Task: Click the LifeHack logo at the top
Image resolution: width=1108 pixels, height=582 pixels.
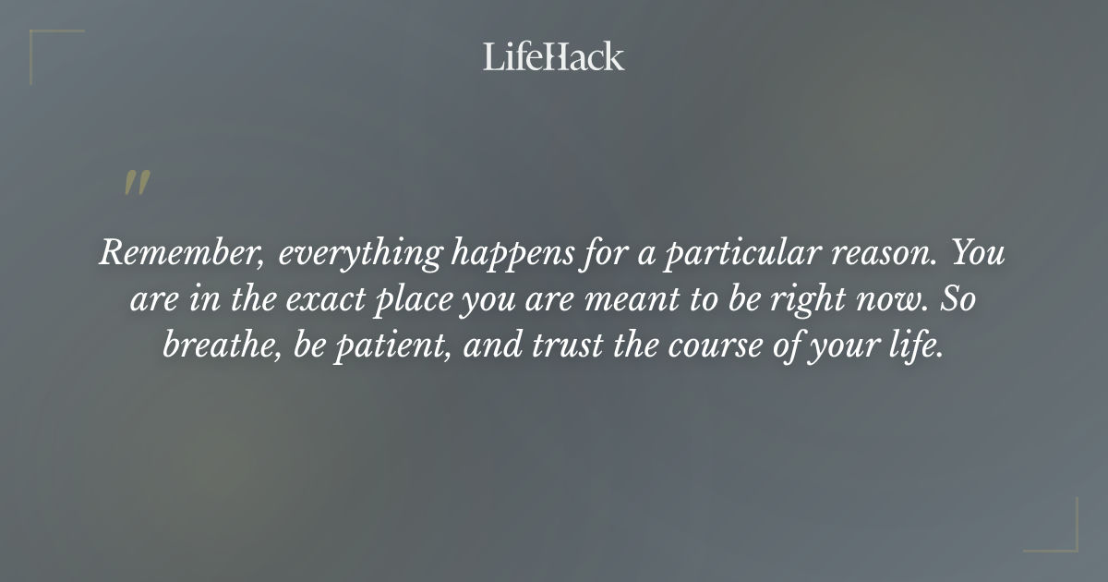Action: click(x=554, y=56)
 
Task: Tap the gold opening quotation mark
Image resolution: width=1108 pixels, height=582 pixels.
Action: click(x=136, y=184)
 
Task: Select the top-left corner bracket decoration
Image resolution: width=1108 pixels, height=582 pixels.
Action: click(x=46, y=46)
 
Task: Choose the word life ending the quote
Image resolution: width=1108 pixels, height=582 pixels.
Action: click(x=920, y=346)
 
